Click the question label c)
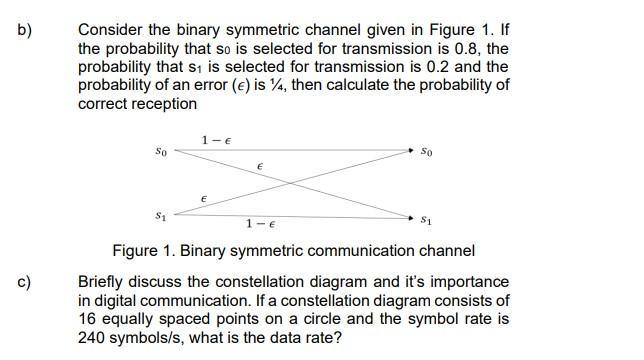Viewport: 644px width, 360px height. pos(24,282)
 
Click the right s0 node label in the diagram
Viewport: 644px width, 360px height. pos(427,152)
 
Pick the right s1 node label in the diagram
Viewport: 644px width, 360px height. pos(427,218)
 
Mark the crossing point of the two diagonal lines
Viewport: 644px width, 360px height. pos(291,182)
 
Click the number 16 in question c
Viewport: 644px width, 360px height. pos(88,319)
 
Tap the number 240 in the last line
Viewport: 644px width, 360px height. pos(92,337)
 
